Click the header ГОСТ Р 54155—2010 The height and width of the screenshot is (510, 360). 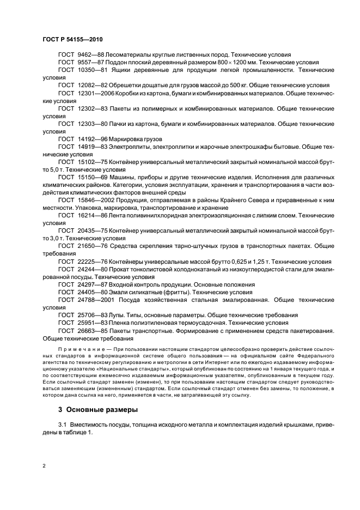[72, 40]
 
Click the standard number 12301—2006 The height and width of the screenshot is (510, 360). [95, 93]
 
